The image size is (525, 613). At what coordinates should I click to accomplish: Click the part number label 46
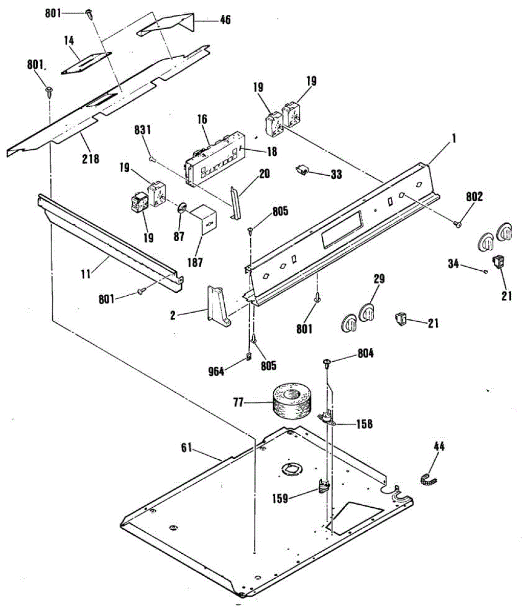coord(225,20)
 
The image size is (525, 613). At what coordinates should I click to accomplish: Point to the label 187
coord(195,263)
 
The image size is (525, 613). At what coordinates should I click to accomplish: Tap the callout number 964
coord(216,371)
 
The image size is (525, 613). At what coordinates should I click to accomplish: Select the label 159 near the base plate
coord(280,498)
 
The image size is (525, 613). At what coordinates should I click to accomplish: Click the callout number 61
coord(186,448)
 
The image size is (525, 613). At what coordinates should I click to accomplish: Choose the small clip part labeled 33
coord(304,170)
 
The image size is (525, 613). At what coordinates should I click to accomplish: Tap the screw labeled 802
coord(458,222)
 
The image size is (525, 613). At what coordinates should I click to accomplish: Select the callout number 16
coord(202,120)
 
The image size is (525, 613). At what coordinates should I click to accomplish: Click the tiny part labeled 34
coord(484,272)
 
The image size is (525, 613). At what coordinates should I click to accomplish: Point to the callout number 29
coord(379,279)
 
